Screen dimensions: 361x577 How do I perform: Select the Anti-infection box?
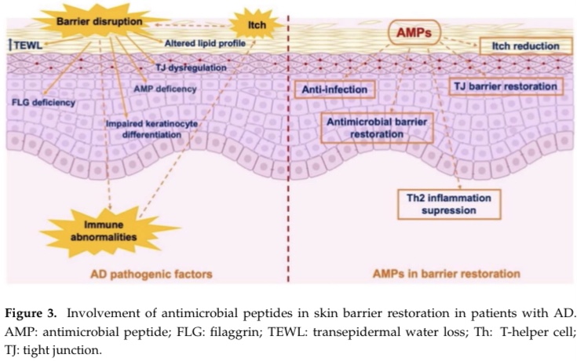335,89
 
